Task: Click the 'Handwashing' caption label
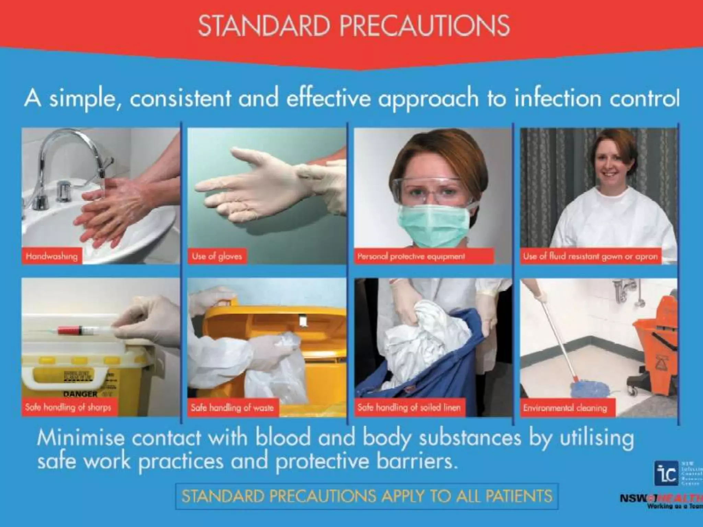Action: pyautogui.click(x=52, y=256)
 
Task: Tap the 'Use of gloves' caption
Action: pyautogui.click(x=217, y=256)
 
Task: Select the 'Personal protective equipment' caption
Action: pyautogui.click(x=411, y=256)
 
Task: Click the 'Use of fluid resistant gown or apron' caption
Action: pyautogui.click(x=590, y=256)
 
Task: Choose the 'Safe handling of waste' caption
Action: pyautogui.click(x=232, y=408)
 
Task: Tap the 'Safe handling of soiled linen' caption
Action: pyautogui.click(x=408, y=408)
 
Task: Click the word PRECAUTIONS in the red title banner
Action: pyautogui.click(x=425, y=26)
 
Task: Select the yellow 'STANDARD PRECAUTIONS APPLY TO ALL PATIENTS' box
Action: pyautogui.click(x=367, y=496)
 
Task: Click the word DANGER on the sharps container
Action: pyautogui.click(x=80, y=394)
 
